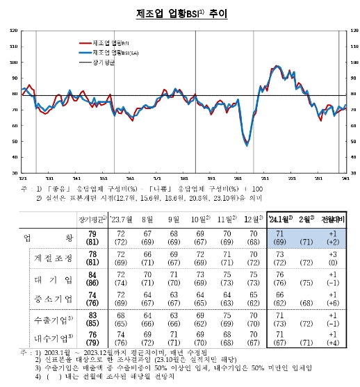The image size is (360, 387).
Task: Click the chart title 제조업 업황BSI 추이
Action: coord(179,13)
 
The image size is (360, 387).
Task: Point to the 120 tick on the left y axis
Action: coord(15,31)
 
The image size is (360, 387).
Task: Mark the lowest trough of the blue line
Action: coord(247,145)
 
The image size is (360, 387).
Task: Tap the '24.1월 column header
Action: coord(279,219)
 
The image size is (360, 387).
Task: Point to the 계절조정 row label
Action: coord(54,261)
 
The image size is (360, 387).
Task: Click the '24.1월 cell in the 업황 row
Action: coord(279,238)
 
